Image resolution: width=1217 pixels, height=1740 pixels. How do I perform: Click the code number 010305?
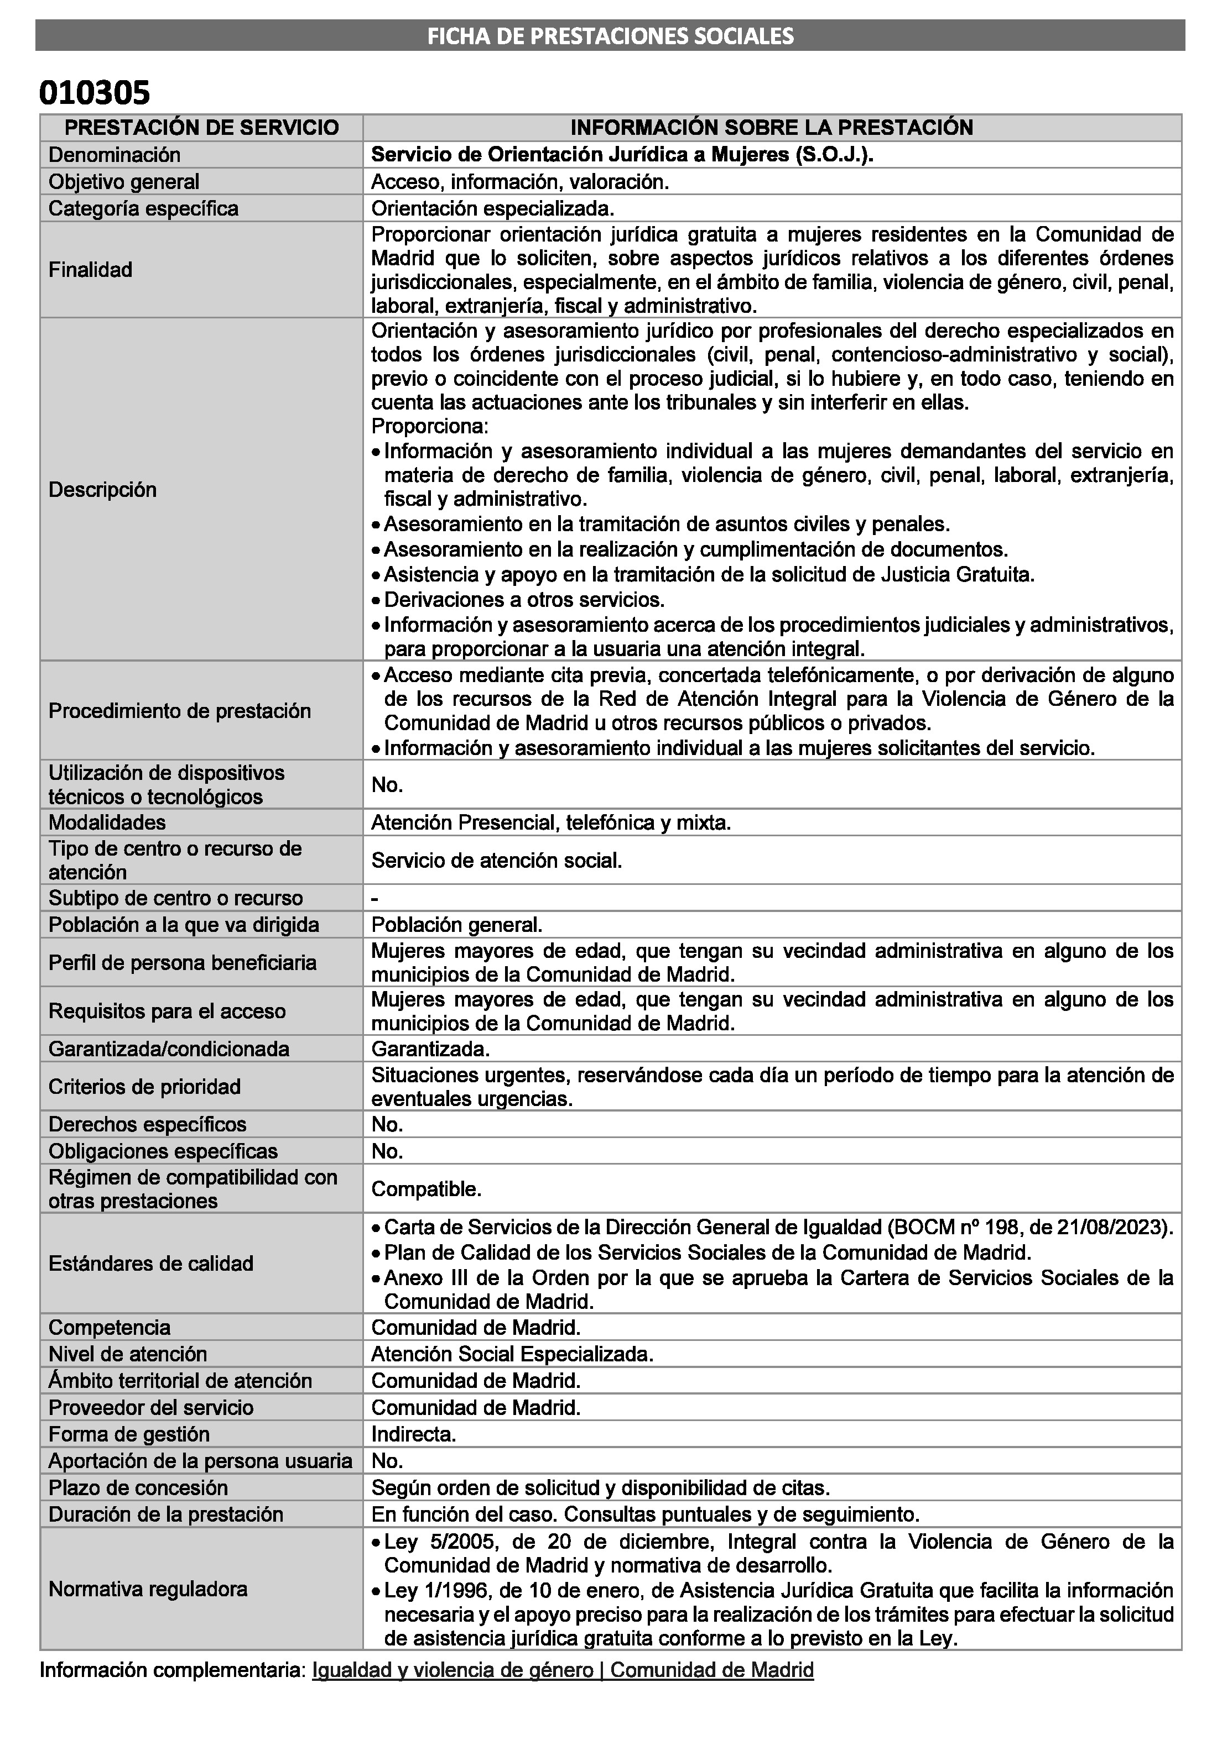[95, 93]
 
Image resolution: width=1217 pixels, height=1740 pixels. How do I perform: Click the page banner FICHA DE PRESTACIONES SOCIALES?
[610, 35]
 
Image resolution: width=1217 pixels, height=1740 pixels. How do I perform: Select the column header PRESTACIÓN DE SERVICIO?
[202, 127]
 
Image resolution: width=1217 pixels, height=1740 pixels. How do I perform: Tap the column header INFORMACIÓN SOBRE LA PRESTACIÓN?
[771, 127]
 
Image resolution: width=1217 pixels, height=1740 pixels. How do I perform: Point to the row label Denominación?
[115, 155]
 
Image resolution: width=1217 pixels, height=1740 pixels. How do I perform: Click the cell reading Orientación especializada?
[492, 208]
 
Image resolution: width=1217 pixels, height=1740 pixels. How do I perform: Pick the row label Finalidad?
[90, 270]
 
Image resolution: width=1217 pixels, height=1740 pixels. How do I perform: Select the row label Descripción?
[102, 490]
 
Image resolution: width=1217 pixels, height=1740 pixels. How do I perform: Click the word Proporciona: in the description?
[430, 426]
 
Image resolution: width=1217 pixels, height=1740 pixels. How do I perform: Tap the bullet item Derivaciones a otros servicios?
[524, 600]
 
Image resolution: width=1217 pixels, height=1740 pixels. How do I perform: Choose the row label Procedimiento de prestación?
[180, 711]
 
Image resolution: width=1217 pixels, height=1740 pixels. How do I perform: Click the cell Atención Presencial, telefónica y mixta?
[550, 822]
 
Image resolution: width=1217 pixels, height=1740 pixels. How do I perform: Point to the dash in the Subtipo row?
[375, 899]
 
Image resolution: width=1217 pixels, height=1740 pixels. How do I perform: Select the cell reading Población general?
[456, 925]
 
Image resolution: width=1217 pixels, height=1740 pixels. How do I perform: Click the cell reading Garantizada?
[430, 1049]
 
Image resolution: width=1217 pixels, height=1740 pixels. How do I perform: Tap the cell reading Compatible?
[426, 1189]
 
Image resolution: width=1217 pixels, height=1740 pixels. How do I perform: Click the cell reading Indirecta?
[413, 1434]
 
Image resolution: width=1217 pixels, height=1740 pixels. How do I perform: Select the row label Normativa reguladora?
[148, 1589]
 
